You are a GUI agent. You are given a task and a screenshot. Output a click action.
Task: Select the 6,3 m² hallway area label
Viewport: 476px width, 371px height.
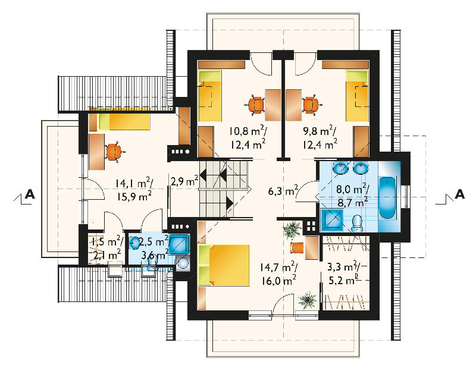pos(283,191)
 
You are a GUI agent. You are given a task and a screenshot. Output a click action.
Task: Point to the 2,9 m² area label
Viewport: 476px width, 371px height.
pos(184,181)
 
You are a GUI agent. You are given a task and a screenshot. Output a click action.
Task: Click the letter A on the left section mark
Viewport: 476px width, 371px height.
pos(30,194)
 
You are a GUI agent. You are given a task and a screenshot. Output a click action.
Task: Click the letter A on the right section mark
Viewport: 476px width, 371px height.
pos(459,194)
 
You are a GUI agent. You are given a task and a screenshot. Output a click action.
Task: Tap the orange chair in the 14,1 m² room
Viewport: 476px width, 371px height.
pos(113,152)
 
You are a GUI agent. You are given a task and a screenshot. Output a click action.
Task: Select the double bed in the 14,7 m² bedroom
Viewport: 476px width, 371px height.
pos(224,265)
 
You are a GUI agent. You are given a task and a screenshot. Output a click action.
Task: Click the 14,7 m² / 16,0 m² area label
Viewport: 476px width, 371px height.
pos(278,274)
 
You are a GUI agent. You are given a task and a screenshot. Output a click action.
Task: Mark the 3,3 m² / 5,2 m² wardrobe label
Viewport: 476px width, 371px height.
pos(344,274)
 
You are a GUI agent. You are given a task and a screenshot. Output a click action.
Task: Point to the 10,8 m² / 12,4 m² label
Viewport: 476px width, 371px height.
pos(248,138)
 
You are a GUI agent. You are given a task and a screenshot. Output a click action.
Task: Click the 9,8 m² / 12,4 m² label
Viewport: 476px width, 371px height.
pos(320,138)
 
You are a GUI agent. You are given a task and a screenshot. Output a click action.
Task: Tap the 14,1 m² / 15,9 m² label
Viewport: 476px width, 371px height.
pos(134,190)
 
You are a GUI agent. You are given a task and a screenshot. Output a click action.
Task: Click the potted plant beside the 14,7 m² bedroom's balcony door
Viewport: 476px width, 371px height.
pos(307,300)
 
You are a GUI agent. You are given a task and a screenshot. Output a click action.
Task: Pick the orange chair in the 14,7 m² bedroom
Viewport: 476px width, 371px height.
pos(297,247)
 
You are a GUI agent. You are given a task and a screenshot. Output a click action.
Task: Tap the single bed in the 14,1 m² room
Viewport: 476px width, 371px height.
pos(124,122)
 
